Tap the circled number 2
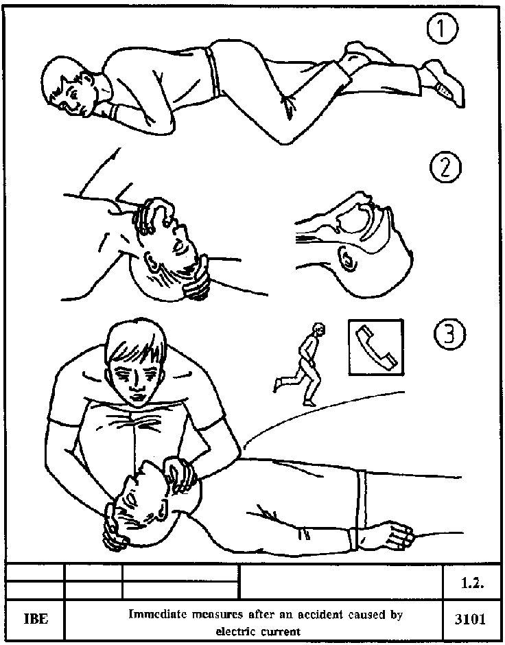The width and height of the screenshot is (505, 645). (x=446, y=168)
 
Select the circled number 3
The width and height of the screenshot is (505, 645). (x=450, y=334)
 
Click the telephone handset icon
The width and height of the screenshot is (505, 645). (x=376, y=348)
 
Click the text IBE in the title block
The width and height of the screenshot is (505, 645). (x=36, y=619)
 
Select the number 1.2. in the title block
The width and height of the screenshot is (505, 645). (x=471, y=584)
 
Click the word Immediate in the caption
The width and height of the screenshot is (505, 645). (x=154, y=614)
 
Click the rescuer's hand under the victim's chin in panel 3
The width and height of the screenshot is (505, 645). (x=181, y=473)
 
